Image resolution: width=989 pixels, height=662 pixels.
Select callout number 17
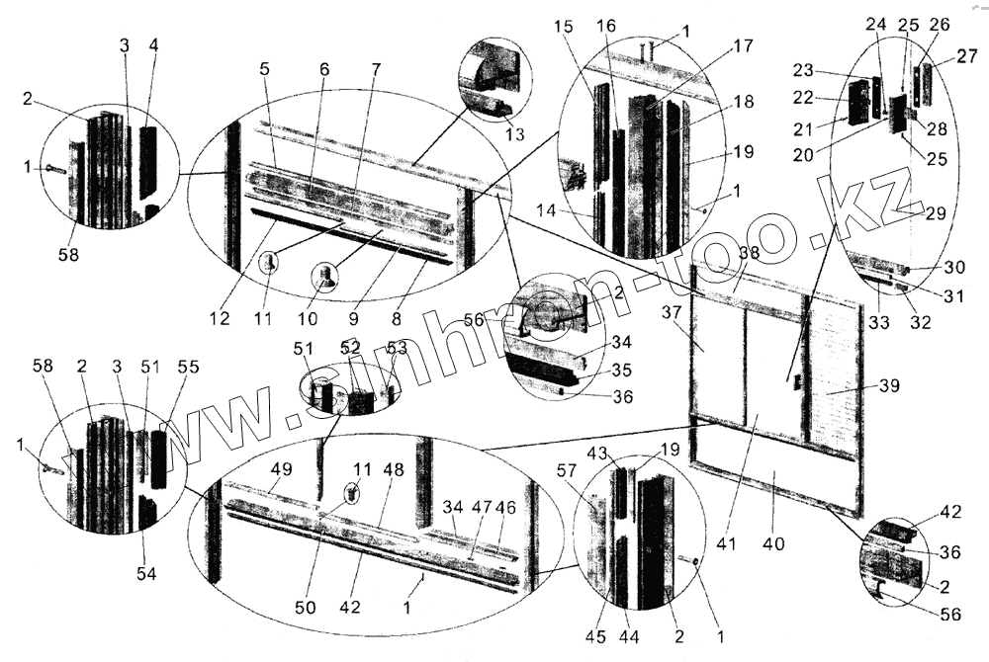click(743, 46)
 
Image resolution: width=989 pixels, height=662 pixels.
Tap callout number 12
click(219, 318)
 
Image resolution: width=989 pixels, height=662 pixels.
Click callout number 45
click(594, 636)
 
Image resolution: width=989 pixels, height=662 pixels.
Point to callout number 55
click(186, 368)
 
